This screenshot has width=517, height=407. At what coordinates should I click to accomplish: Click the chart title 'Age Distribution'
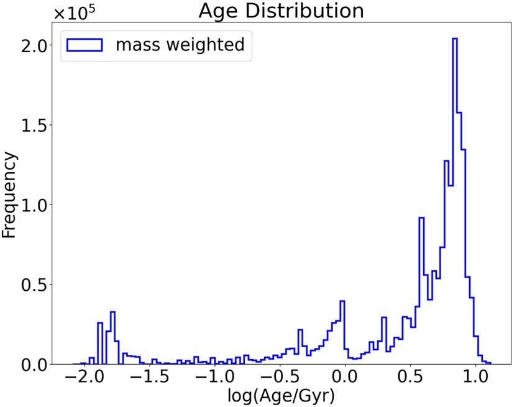(x=281, y=11)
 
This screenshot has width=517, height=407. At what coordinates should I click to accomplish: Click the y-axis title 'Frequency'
(x=9, y=196)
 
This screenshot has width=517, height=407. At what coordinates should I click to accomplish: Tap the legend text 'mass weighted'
(x=180, y=45)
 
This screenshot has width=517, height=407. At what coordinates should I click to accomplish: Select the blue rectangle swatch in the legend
(x=84, y=45)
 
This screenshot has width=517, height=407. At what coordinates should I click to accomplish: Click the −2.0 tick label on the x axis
(x=83, y=377)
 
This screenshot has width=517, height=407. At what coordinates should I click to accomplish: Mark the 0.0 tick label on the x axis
(x=345, y=377)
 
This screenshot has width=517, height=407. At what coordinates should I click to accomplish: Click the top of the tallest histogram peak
(x=455, y=39)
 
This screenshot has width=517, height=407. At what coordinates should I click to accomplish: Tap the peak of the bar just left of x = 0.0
(x=342, y=301)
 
